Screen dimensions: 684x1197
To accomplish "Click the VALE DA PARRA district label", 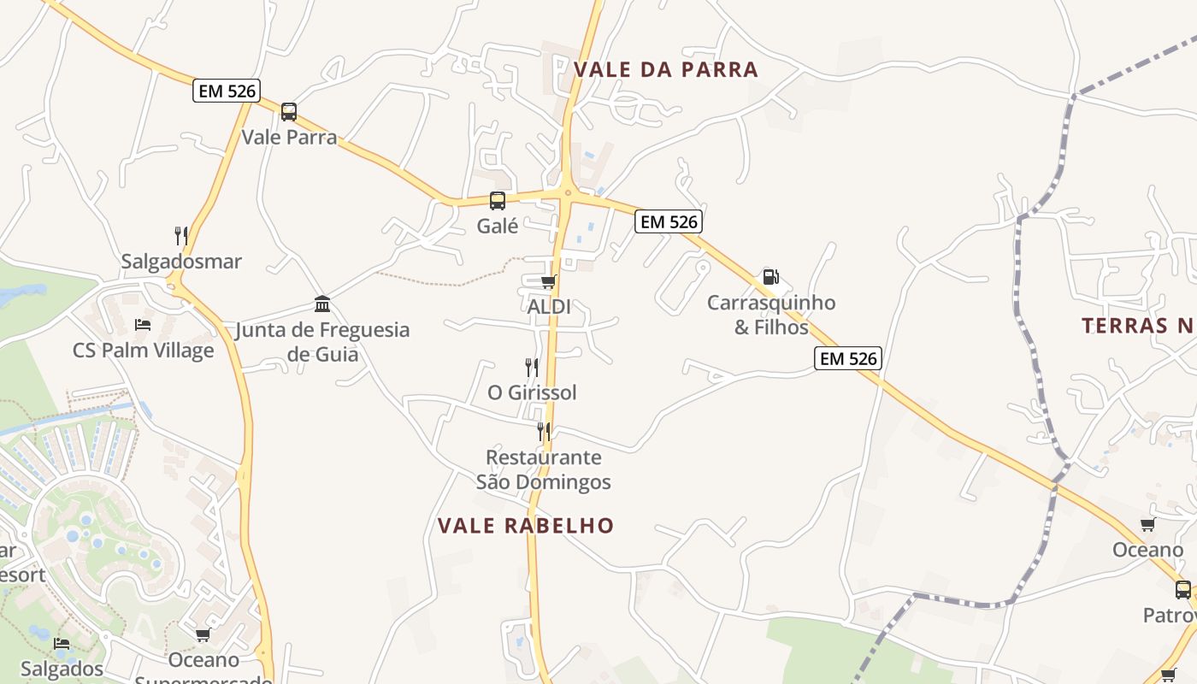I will coord(666,69).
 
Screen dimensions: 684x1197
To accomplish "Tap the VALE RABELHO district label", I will coord(526,526).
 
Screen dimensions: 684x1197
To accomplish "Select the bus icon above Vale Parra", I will coord(289,111).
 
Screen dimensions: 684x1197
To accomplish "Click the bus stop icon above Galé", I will coord(498,201).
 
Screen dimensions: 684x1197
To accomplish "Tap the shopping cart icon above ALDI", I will coord(548,281).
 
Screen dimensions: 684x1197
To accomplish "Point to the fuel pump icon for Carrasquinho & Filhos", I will coord(770,277).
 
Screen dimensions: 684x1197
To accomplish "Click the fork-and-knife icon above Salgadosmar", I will coord(181,235).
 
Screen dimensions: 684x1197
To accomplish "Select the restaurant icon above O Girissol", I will coord(532,368).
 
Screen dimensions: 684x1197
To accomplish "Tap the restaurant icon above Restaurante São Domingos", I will coord(543,431).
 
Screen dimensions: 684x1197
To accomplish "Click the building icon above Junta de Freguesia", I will coord(322,304).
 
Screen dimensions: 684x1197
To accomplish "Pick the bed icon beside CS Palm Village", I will coord(143,325).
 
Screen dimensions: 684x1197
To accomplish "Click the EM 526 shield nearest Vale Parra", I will coord(226,91).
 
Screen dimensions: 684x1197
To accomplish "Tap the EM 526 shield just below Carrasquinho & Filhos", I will coord(848,358).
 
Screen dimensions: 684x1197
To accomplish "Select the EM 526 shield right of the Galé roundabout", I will coord(669,222).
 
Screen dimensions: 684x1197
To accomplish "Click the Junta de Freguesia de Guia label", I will coord(322,341).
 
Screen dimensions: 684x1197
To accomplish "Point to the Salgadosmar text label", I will coord(181,262).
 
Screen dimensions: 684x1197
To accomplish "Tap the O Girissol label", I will coord(532,392).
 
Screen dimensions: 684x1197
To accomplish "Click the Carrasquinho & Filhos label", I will coord(771,315).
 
